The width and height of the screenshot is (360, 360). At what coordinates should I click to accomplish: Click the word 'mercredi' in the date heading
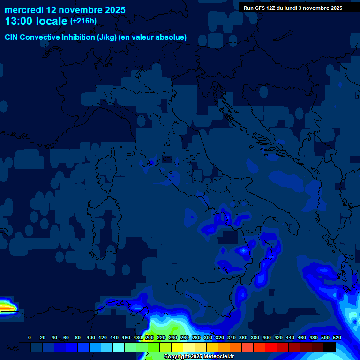(24, 10)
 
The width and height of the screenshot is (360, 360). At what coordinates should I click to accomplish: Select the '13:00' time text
(20, 21)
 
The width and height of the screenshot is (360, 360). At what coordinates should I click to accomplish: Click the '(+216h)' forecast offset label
(83, 21)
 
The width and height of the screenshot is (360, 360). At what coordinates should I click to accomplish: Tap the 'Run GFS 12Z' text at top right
(260, 8)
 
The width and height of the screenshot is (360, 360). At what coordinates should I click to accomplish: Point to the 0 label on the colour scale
(30, 337)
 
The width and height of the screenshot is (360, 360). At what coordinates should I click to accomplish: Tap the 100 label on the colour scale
(91, 337)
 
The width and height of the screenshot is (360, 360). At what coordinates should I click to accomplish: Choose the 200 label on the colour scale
(150, 337)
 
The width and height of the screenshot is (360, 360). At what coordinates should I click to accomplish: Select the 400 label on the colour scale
(267, 337)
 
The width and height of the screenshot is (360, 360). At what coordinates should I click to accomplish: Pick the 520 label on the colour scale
(337, 337)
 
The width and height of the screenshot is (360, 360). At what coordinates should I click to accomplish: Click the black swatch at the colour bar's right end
(330, 347)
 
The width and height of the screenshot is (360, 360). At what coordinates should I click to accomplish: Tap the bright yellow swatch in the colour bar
(177, 347)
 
